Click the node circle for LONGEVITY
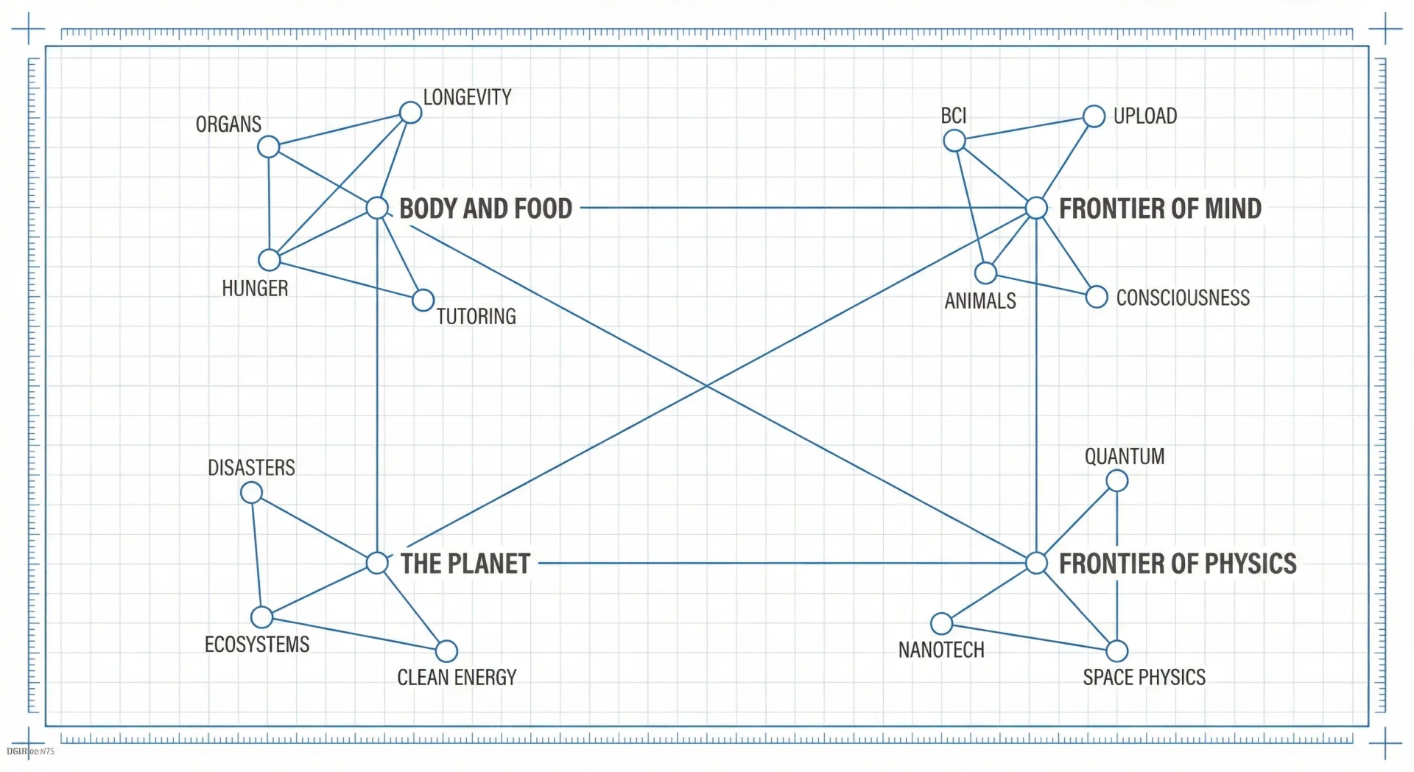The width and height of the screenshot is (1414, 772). tap(410, 113)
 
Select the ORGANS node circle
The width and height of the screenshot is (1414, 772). tap(269, 147)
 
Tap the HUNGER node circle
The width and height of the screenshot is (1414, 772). tap(270, 260)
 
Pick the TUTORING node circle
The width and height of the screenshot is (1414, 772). tap(423, 300)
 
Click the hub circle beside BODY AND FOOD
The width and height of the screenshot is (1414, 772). tap(377, 208)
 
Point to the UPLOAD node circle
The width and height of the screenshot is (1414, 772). tap(1094, 116)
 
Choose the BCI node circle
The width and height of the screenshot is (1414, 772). tap(954, 141)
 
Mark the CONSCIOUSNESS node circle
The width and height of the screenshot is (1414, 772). tap(1097, 297)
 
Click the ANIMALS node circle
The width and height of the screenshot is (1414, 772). tap(985, 273)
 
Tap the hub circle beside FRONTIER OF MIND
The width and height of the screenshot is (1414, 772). tap(1036, 208)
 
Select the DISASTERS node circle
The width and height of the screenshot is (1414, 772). tap(252, 493)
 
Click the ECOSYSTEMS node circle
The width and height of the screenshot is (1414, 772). tap(261, 617)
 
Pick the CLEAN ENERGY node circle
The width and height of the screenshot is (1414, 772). tap(446, 651)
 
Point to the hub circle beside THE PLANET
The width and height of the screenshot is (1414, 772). tap(377, 564)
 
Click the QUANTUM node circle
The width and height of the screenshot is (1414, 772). tap(1117, 481)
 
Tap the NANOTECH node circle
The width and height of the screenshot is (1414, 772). tap(941, 624)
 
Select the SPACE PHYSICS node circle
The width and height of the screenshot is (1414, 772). tap(1117, 651)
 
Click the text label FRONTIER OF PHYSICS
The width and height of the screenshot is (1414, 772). tap(1177, 564)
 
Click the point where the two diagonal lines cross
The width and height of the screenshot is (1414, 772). tap(707, 386)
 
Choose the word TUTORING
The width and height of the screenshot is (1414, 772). tap(476, 317)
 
